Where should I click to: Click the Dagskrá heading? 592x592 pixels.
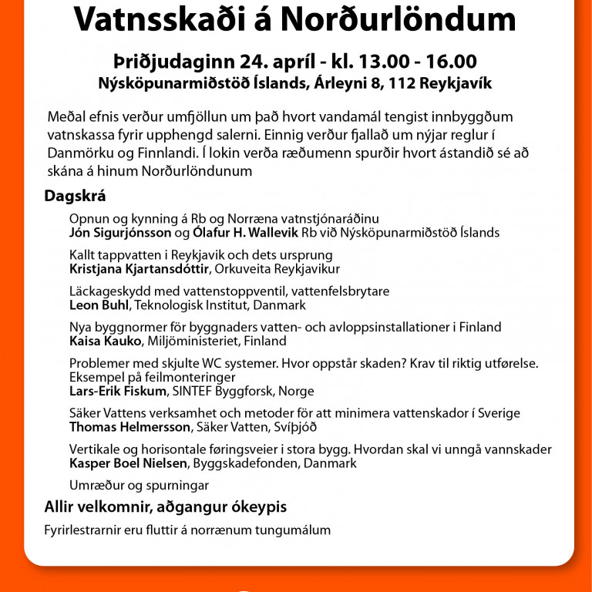point(75,196)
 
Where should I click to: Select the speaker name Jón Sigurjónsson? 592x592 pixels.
point(120,232)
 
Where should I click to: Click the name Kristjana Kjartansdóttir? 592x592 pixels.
point(137,269)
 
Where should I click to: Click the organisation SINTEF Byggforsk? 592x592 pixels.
point(230,391)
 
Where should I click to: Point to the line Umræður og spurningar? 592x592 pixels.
point(139,486)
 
